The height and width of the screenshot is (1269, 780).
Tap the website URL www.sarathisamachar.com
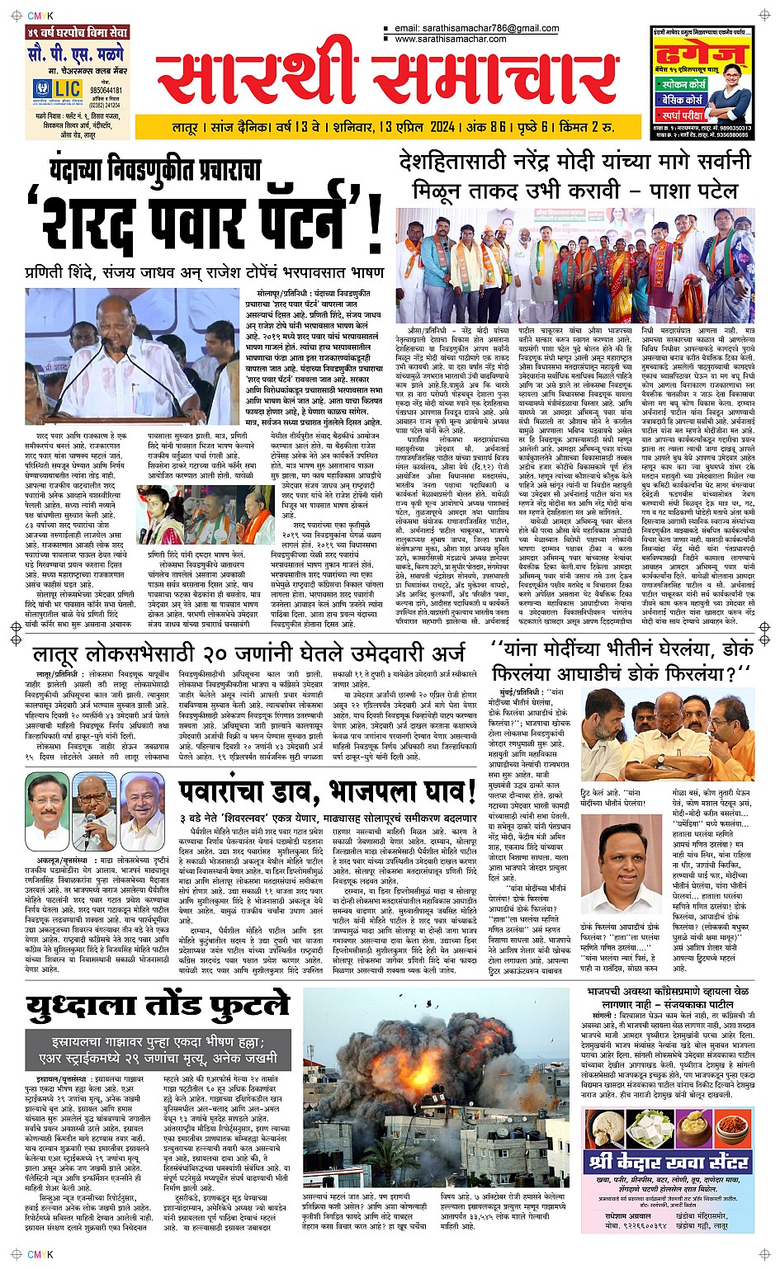450,39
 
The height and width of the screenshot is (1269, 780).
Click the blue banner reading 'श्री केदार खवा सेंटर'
669,1163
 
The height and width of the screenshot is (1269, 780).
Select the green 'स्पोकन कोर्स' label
684,83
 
